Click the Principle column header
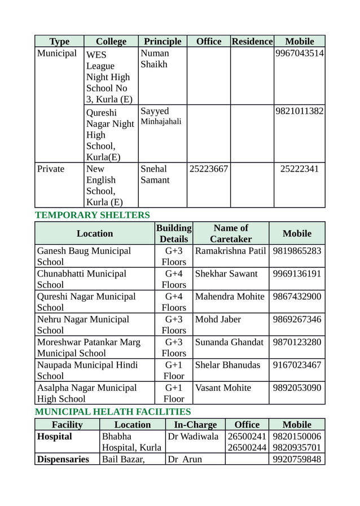[163, 41]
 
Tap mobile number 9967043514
[299, 54]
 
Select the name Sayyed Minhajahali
[161, 116]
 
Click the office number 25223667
[208, 169]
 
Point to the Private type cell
[51, 169]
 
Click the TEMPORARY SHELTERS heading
[93, 215]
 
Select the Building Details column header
[173, 234]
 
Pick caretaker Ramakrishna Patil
[230, 250]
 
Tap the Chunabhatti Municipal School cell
[82, 279]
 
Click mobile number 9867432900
[297, 296]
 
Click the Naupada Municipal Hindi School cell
[87, 370]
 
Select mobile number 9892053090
[297, 388]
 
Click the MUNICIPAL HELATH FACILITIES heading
[113, 412]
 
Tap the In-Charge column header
[195, 425]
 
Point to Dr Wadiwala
[194, 437]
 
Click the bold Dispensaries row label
[63, 459]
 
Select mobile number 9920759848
[297, 459]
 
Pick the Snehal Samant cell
[155, 174]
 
